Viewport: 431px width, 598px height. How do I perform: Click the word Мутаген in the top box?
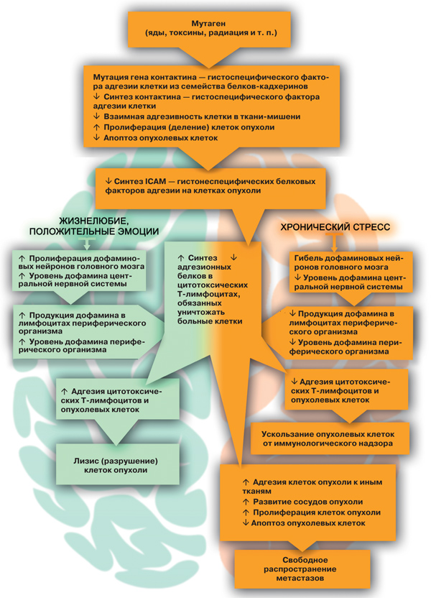208,24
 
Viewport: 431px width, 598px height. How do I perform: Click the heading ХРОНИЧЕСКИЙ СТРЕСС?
335,227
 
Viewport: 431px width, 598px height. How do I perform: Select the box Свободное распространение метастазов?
302,569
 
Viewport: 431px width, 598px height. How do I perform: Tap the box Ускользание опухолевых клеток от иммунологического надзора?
328,438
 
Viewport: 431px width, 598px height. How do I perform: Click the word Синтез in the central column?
203,258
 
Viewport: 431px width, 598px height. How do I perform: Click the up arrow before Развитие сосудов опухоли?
246,502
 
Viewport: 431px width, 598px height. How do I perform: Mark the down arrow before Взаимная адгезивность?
96,116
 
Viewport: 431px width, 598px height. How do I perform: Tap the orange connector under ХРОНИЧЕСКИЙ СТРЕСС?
335,241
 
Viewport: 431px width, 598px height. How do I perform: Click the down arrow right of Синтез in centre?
233,257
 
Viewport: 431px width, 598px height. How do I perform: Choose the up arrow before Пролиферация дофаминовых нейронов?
22,258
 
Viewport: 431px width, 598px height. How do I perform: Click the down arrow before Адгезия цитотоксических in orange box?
294,382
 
